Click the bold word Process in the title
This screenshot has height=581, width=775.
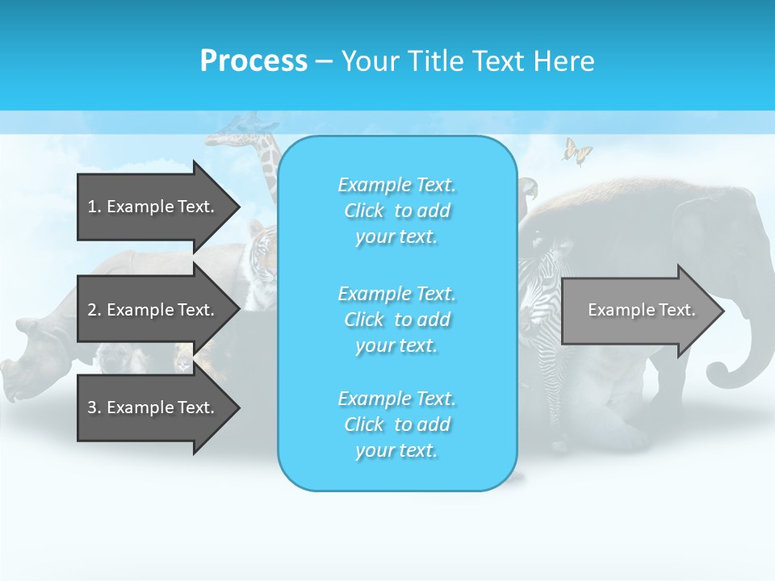coord(253,61)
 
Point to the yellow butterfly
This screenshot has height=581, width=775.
coord(576,151)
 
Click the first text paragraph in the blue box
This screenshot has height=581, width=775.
coord(397,211)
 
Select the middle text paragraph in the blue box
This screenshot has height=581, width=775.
coord(397,320)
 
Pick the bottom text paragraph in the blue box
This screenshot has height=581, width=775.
coord(397,424)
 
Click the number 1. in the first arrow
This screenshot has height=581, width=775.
coord(94,207)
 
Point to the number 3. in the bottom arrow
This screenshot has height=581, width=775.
coord(94,408)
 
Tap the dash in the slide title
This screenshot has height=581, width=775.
coord(324,62)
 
